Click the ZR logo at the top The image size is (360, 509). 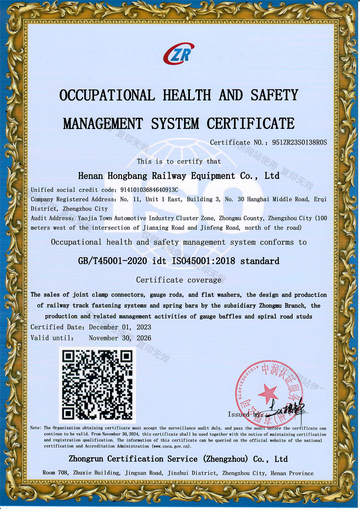179,54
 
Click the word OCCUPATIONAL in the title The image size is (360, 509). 107,95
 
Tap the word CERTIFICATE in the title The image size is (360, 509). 251,123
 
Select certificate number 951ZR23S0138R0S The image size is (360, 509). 300,143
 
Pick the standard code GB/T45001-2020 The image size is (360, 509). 112,261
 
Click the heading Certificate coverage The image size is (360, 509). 179,280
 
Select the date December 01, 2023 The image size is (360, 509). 120,327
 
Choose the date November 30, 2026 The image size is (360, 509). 120,338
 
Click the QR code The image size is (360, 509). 97,385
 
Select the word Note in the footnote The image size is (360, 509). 35,428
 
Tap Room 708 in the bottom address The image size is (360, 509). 55,473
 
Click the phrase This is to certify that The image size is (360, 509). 179,162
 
